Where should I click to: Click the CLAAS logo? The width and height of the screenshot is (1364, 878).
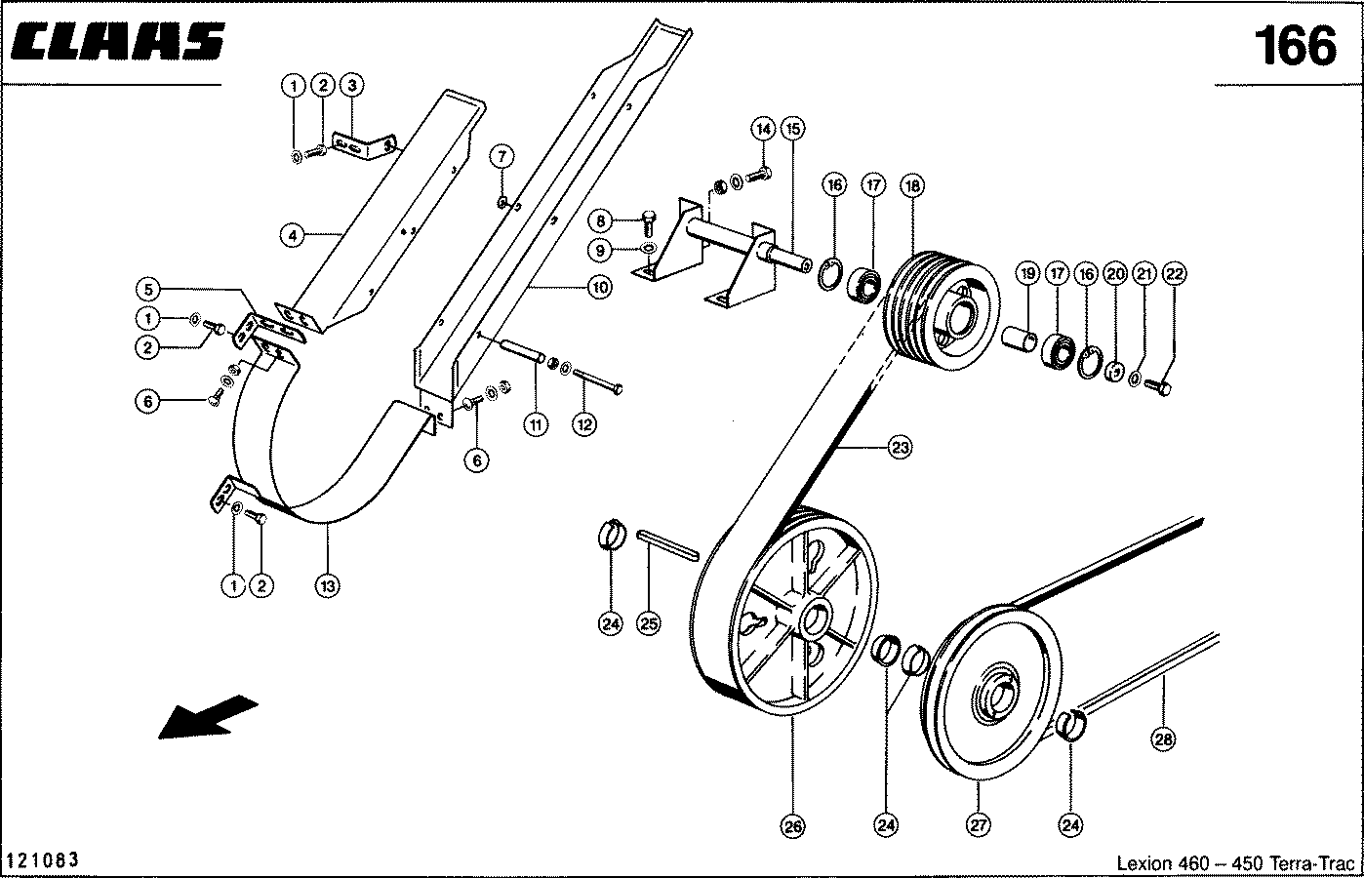(117, 41)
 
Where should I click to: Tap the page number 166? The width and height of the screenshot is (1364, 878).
(1295, 46)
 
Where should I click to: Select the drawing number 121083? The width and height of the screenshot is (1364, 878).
(41, 859)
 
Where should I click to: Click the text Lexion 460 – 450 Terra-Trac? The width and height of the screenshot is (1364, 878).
(1235, 862)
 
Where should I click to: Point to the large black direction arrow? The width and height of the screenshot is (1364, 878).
(208, 717)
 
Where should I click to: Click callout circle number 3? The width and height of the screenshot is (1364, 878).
(351, 85)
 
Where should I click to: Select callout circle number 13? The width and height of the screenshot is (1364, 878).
(328, 586)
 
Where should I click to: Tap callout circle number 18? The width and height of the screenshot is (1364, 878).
(912, 185)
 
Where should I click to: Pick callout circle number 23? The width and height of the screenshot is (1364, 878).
(900, 448)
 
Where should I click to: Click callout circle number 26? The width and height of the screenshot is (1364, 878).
(793, 826)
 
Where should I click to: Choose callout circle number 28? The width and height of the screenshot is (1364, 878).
(1163, 739)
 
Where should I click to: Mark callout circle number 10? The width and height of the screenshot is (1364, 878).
(600, 287)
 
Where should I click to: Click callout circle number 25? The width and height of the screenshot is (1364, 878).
(649, 623)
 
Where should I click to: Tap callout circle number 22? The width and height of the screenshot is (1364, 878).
(1175, 274)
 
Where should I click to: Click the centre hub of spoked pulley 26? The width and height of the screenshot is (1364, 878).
(814, 618)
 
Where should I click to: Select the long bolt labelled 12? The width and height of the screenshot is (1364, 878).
(598, 380)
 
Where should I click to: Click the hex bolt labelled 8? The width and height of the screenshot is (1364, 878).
(650, 223)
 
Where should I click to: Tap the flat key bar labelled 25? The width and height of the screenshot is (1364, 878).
(667, 545)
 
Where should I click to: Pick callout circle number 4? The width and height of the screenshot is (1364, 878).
(293, 235)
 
